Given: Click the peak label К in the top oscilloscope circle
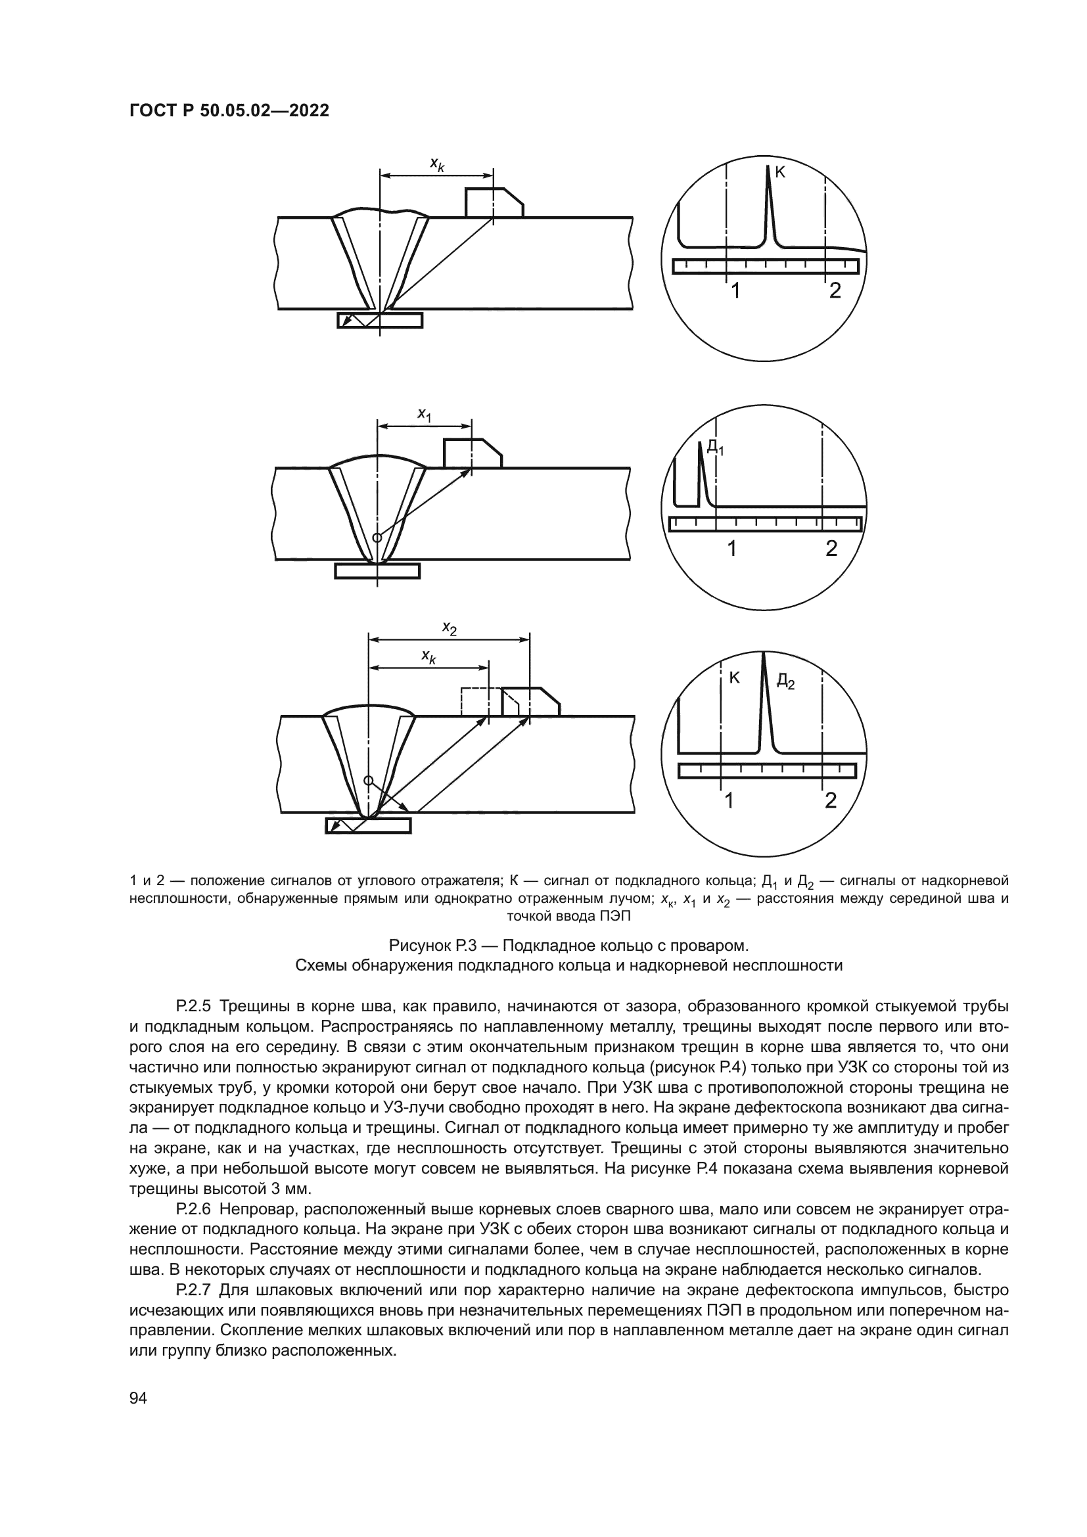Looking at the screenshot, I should click(x=780, y=173).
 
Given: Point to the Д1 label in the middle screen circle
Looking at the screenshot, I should click(x=715, y=446).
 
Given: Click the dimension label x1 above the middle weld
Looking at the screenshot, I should click(x=425, y=415).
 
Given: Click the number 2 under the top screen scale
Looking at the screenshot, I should click(x=835, y=290).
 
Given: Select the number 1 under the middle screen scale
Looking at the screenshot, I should click(x=732, y=548).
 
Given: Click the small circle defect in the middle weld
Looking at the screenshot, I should click(x=377, y=537).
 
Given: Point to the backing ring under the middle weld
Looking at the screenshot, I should click(x=377, y=571).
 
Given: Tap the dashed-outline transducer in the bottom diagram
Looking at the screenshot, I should click(x=475, y=702).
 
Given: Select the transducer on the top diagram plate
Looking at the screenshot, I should click(x=494, y=203).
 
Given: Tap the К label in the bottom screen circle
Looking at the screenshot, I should click(x=733, y=677).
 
